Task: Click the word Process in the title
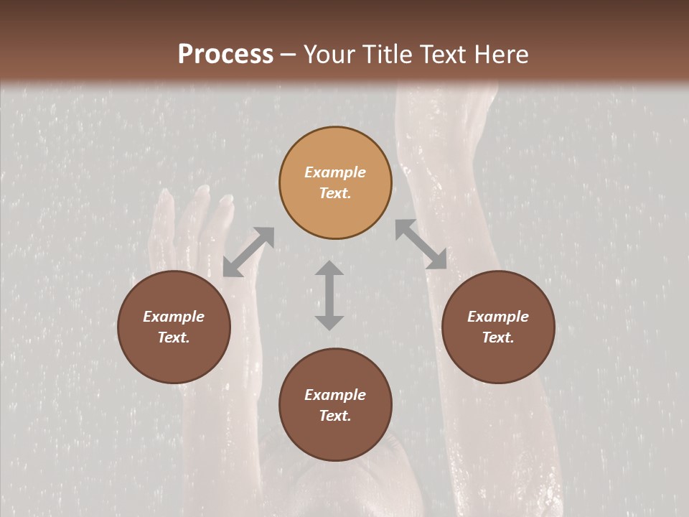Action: [225, 55]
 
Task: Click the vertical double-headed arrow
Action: [329, 295]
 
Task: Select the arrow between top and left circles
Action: [248, 252]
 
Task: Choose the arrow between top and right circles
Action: [421, 244]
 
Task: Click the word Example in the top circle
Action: [335, 172]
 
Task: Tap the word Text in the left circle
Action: [174, 337]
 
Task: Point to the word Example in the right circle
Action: [498, 317]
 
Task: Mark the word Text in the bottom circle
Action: [335, 416]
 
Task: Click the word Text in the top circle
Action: [335, 193]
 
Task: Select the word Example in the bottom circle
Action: [335, 395]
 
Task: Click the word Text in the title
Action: [443, 55]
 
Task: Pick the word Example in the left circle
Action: [174, 317]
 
